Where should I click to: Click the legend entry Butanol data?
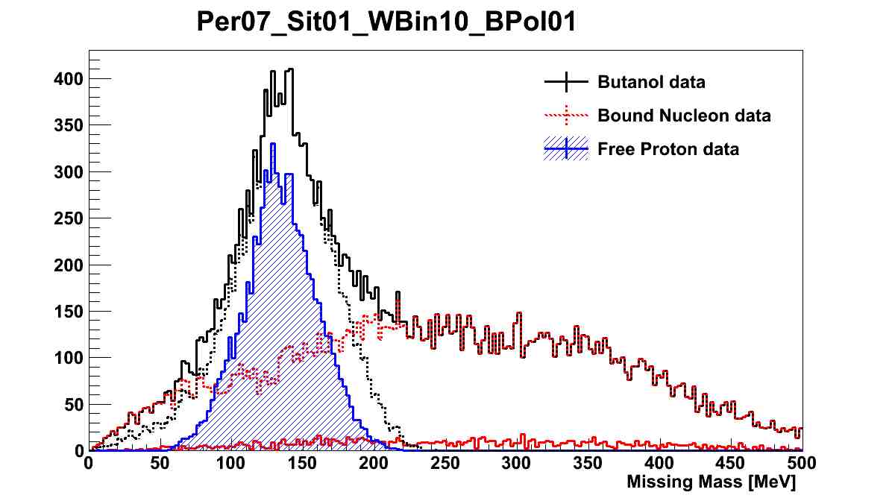(x=650, y=82)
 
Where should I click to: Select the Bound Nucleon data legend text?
(x=683, y=116)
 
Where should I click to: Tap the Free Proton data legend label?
(x=668, y=149)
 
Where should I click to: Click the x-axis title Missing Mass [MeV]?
(x=712, y=482)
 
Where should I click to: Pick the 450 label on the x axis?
(x=731, y=464)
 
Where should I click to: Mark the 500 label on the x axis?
(x=802, y=464)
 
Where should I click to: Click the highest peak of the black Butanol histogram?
(x=290, y=69)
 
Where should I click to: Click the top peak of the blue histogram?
(x=274, y=144)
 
